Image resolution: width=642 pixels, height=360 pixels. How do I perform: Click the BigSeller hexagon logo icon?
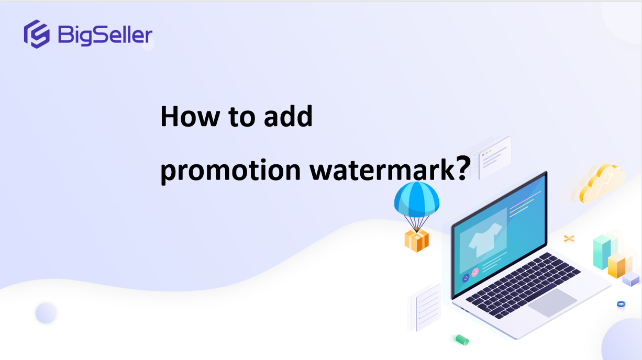pos(37,34)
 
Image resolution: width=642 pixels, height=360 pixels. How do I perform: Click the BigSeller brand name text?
pos(105,36)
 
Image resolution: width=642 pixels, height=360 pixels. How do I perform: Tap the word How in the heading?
pos(188,116)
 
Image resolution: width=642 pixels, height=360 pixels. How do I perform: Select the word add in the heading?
pos(288,116)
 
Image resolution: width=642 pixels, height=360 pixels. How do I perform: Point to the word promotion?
pos(230,171)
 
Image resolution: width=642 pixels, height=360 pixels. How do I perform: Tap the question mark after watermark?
pos(463,168)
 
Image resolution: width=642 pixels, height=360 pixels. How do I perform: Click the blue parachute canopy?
pos(417,199)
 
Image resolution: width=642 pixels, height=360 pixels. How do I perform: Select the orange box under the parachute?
pos(416,241)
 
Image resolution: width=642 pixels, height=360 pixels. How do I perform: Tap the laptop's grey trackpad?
pos(552,303)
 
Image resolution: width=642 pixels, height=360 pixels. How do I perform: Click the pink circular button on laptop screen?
pos(475,272)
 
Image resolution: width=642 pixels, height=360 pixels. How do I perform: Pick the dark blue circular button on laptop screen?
pos(466,278)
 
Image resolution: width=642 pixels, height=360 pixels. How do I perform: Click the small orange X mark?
pos(569,238)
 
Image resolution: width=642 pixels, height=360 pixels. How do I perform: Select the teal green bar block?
pos(602,252)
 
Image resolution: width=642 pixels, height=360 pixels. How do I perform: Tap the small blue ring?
pos(621,304)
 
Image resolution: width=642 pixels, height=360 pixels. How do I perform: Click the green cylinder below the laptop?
pos(462,340)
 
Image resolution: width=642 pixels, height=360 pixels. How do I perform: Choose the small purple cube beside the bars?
pos(630,279)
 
